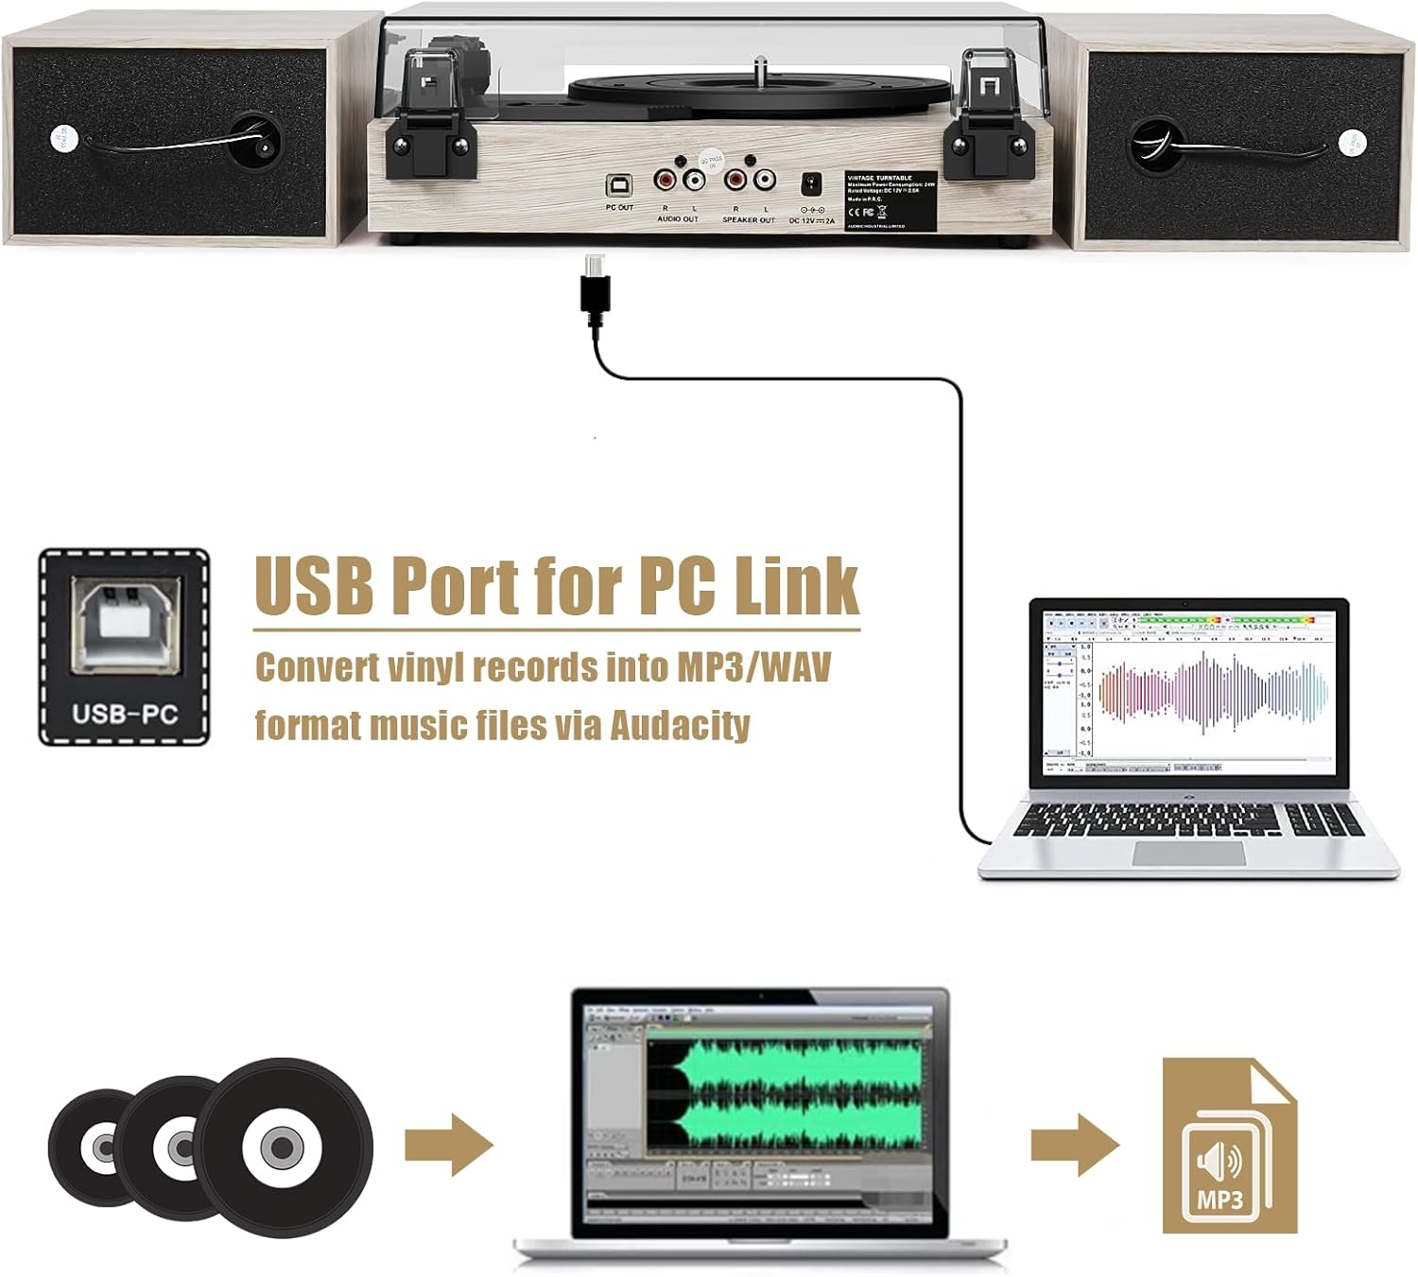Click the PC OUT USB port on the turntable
[x=620, y=183]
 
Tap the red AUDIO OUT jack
[x=666, y=180]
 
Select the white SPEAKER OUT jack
[x=762, y=180]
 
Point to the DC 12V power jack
[x=811, y=184]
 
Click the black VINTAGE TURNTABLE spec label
[x=889, y=200]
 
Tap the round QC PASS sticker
[x=711, y=161]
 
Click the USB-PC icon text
[x=125, y=714]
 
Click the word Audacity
[x=680, y=725]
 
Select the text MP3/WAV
[x=753, y=666]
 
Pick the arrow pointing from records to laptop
[x=448, y=1145]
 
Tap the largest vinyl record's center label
[x=282, y=1148]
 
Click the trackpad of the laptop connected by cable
[x=1188, y=853]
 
